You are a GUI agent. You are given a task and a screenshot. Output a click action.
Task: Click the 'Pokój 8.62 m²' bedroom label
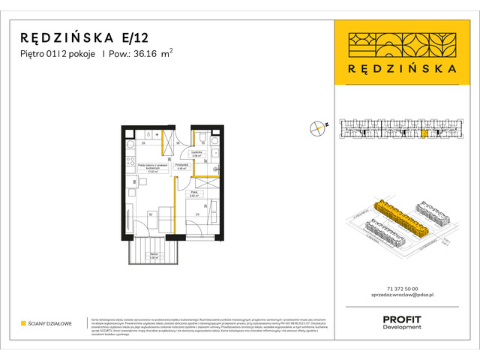(x=193, y=193)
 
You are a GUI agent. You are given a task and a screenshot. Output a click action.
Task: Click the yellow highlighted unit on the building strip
(x=424, y=134)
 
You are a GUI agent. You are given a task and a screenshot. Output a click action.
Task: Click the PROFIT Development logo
(x=401, y=322)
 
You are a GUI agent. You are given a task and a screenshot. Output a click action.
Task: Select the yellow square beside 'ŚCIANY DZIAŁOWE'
(x=23, y=323)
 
